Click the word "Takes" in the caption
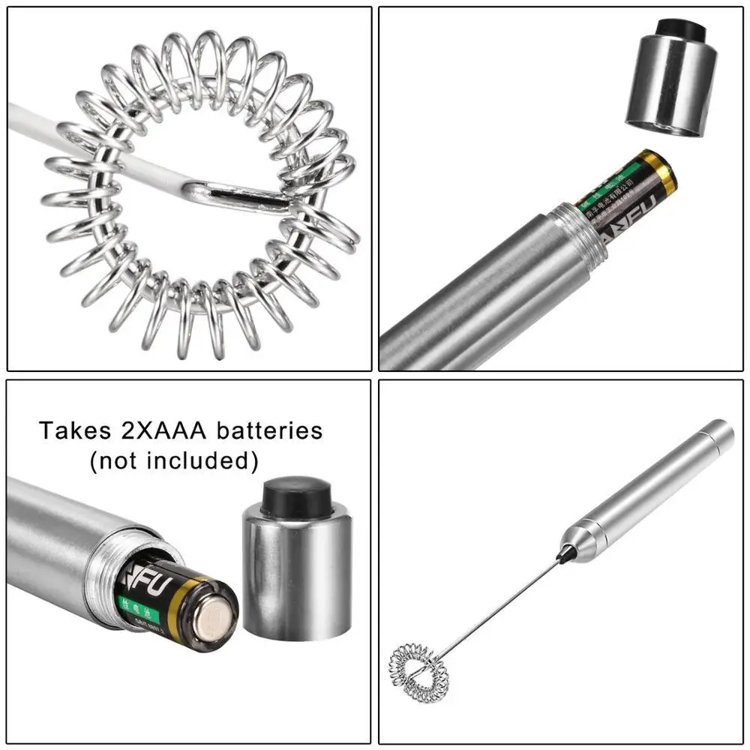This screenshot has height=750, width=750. click(x=71, y=431)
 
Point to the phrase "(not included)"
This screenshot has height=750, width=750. click(x=174, y=460)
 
